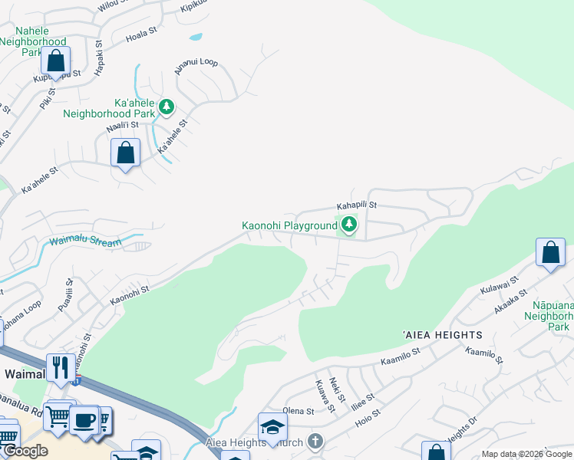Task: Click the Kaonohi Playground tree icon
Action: (349, 225)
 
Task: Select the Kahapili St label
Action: (357, 205)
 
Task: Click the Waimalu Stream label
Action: (85, 242)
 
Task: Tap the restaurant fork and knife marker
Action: (59, 367)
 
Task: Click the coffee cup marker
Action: (84, 420)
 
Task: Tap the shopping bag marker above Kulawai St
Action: (550, 252)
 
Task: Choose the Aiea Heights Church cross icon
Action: (315, 441)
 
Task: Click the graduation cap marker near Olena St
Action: (272, 426)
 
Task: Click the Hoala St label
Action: (141, 35)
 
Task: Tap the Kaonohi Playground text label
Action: (289, 225)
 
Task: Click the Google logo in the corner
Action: (25, 451)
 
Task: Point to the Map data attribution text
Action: (526, 454)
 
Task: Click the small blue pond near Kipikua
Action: (196, 36)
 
